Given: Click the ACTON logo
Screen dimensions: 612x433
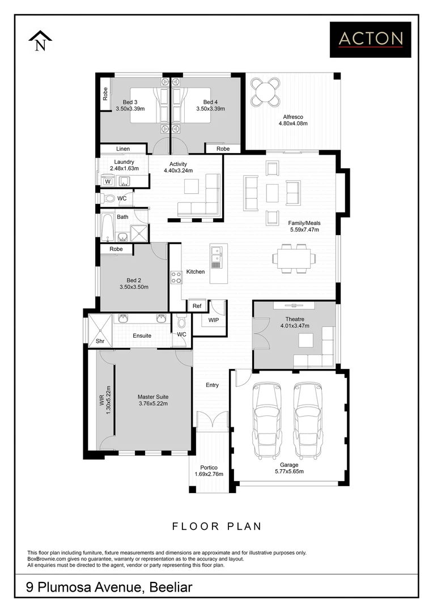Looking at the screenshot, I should coord(371,39).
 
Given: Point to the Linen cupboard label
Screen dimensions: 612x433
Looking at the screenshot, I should coord(123,149).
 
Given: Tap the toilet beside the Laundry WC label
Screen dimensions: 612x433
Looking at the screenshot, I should coord(108,199).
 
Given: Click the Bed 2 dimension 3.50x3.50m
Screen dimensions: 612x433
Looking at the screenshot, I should coord(134,287).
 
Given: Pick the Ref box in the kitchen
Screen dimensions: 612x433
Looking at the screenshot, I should coord(197,306).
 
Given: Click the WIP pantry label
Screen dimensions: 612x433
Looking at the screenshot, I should coord(213,320).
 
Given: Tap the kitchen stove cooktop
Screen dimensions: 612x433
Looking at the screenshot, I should coord(175,278).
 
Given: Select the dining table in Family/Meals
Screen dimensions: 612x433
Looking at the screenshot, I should coord(293,259).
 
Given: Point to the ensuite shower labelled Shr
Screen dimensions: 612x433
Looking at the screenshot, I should coord(100,341).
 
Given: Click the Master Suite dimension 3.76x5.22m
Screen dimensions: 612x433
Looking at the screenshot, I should coord(153,404).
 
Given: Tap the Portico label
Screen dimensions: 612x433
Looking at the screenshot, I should coord(209,467).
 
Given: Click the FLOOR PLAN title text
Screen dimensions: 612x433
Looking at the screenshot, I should coord(216,526).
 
